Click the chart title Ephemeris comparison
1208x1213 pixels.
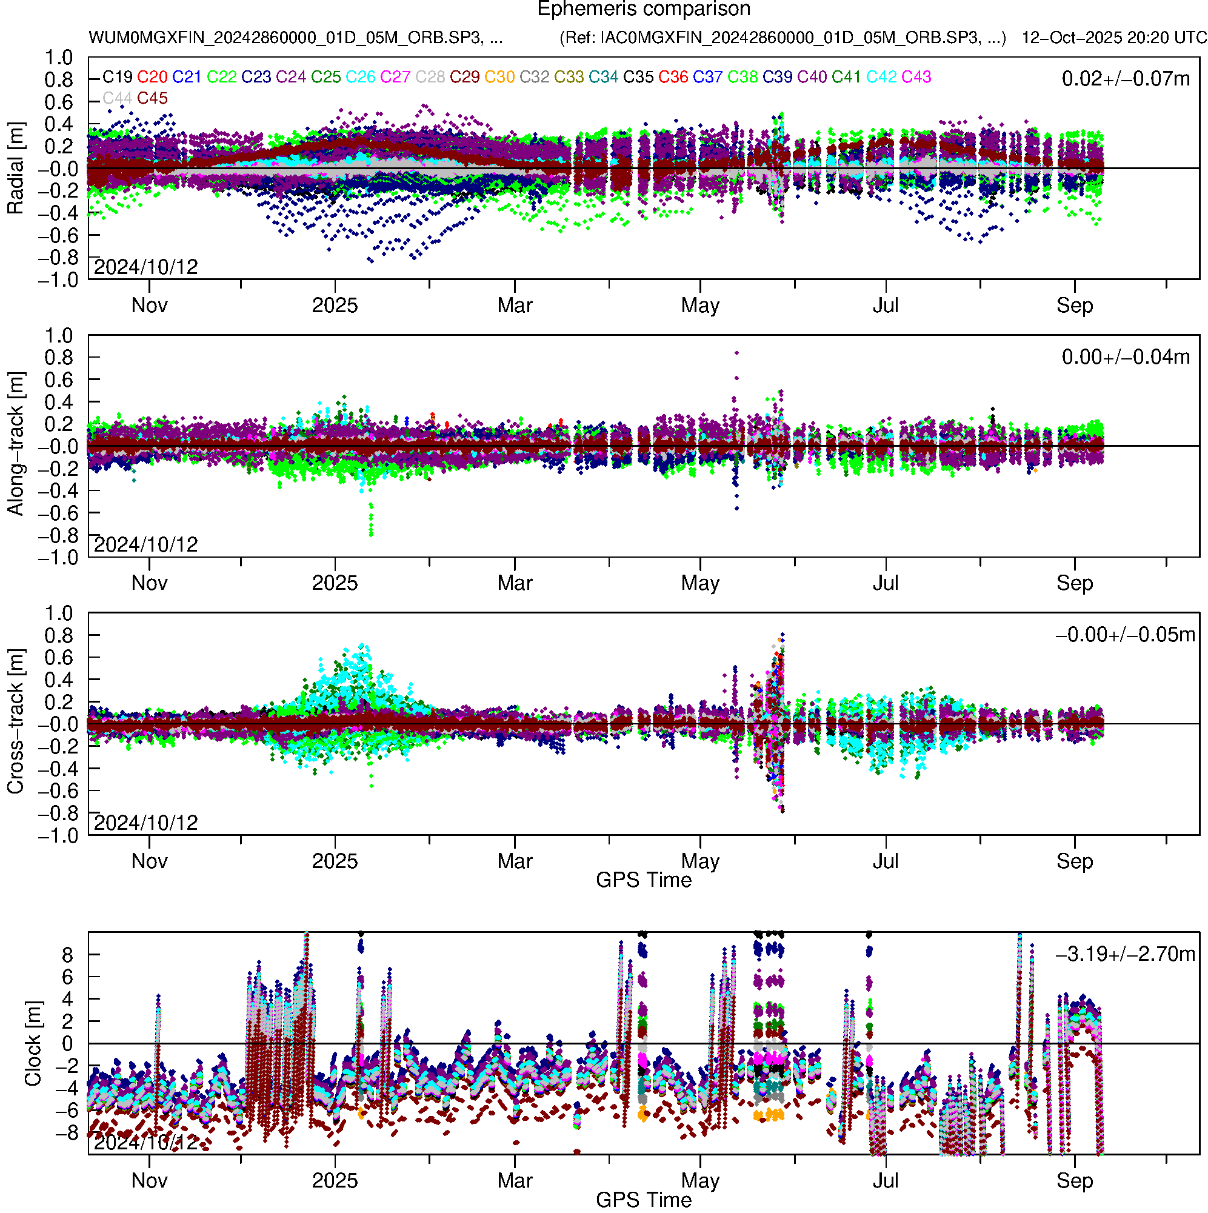coord(644,10)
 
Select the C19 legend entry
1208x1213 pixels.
coord(118,77)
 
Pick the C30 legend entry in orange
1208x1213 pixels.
coord(500,77)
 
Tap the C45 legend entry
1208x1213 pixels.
coord(152,99)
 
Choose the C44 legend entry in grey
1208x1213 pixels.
coord(118,99)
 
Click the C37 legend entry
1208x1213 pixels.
coord(707,77)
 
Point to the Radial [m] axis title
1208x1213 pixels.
coord(15,169)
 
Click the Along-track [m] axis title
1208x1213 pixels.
coord(15,444)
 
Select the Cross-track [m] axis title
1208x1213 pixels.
coord(15,722)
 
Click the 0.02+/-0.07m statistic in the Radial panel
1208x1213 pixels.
coord(1126,79)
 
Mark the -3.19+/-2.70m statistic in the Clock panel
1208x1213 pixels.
coord(1126,954)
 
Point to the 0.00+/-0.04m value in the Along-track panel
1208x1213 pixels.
coord(1126,357)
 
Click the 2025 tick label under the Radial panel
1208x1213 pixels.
coord(335,306)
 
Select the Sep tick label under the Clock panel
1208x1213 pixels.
coord(1075,1181)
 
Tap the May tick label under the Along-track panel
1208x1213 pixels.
coord(700,583)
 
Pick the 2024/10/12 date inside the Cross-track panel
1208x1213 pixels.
coord(145,823)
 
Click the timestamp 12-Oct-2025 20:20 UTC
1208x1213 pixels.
coord(1114,38)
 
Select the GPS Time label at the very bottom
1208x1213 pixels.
coord(644,1200)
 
